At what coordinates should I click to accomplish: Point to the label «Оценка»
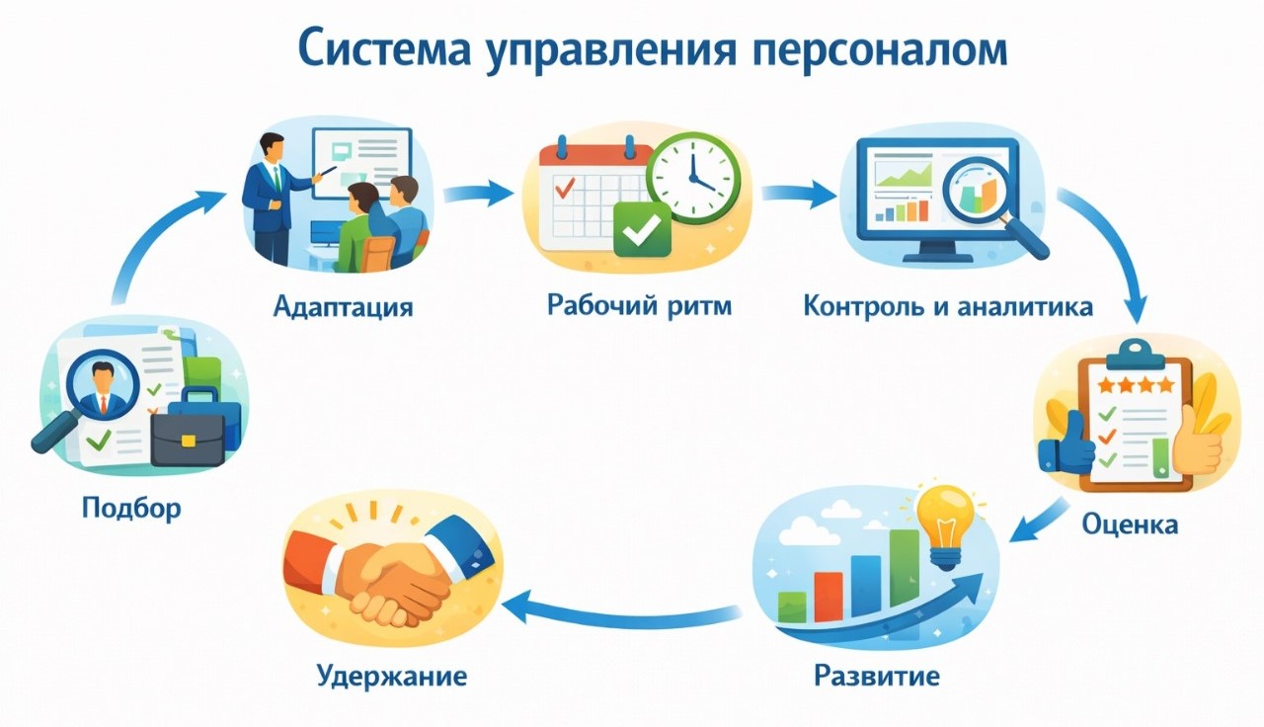[x=1130, y=523]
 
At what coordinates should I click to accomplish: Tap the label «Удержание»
[x=391, y=677]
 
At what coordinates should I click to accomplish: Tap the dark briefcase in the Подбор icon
[x=189, y=436]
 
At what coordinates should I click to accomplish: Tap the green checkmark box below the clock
[x=641, y=230]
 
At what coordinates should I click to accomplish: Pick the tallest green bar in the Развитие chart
[x=904, y=568]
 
